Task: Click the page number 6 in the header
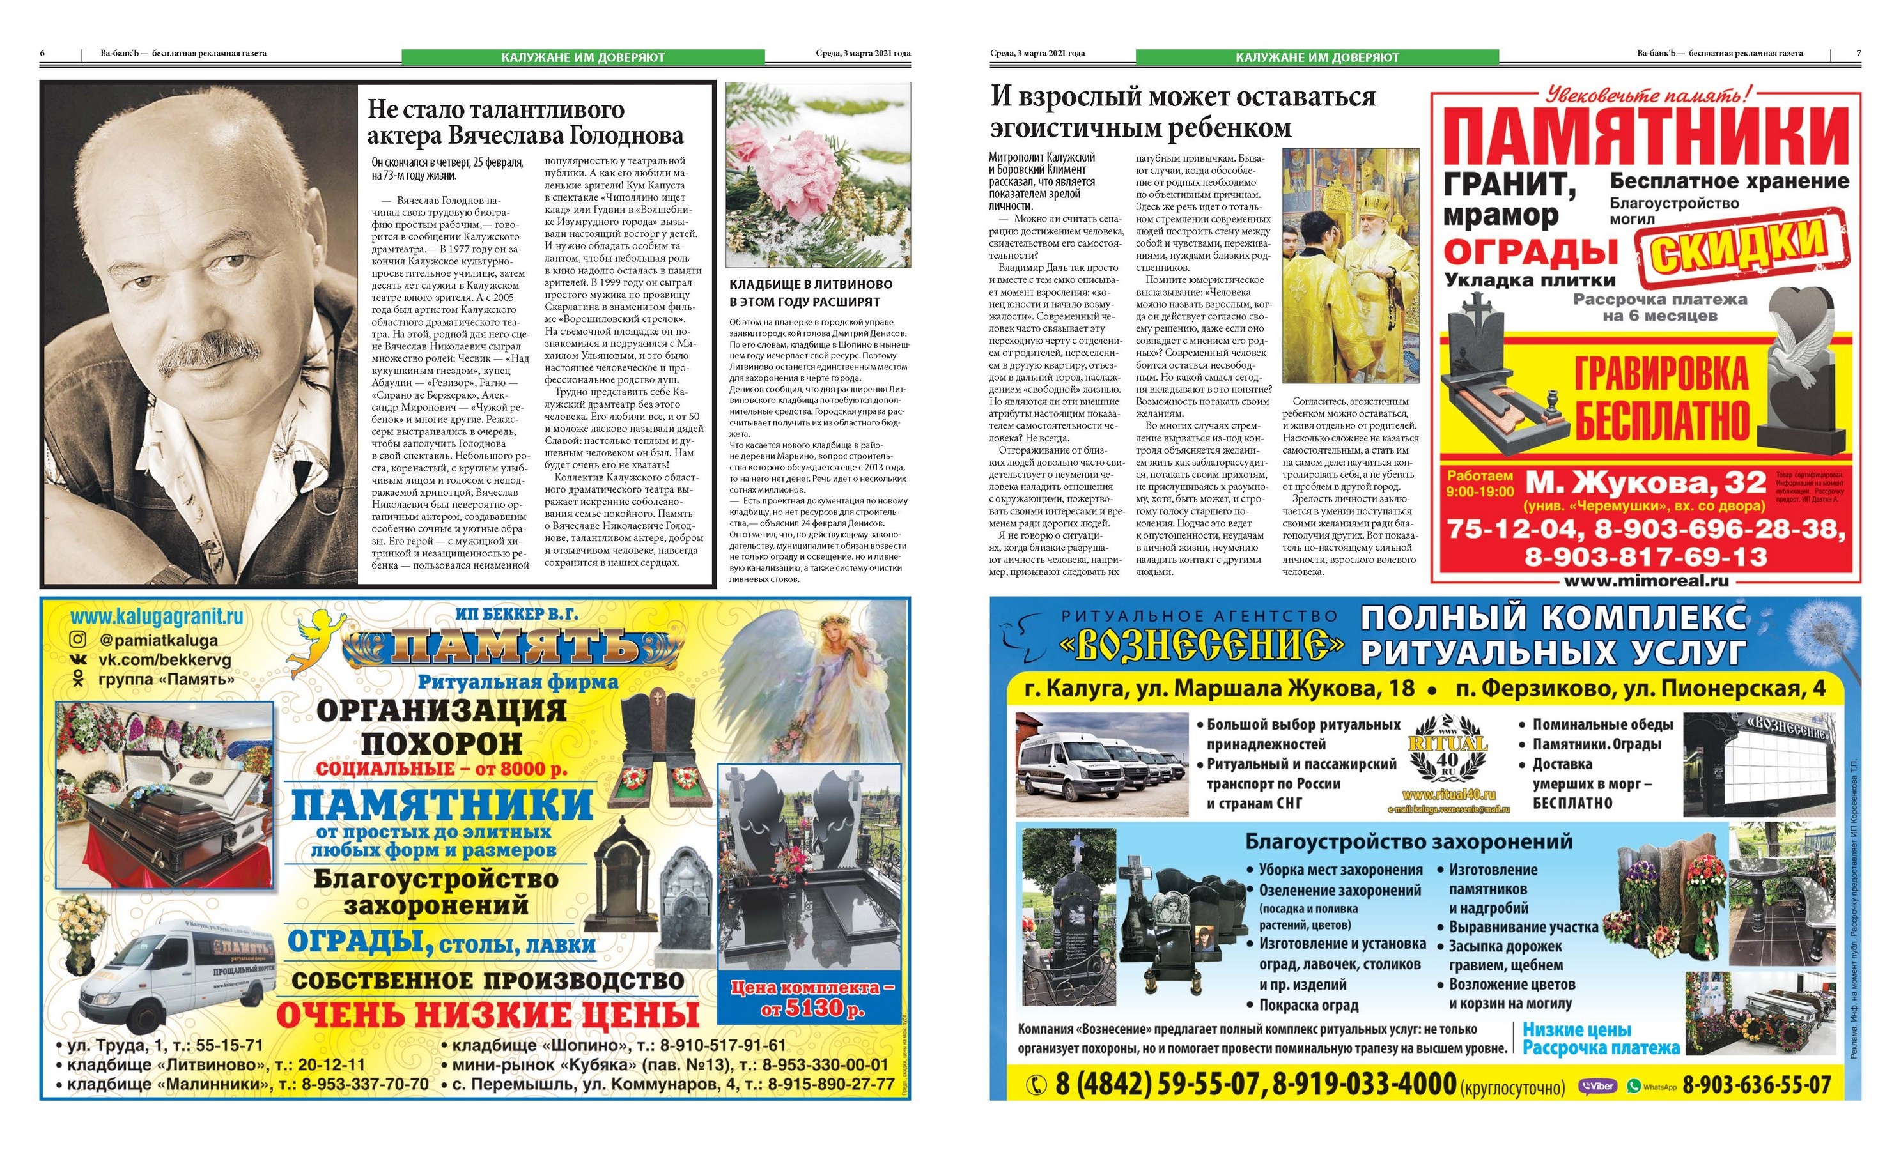tap(42, 53)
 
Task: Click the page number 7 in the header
tap(1859, 53)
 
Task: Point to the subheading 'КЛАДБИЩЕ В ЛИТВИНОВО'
tap(811, 284)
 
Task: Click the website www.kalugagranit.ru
tap(157, 617)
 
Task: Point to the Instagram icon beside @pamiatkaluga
tap(78, 640)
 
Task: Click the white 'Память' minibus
tap(178, 972)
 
